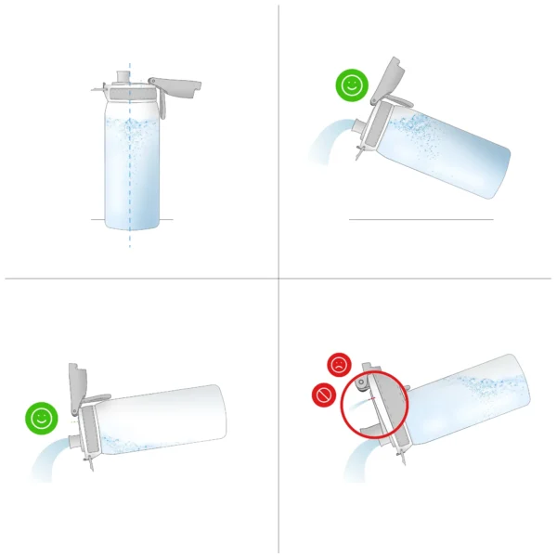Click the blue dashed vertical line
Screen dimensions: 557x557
click(130, 237)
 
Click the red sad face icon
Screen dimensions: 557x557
click(339, 364)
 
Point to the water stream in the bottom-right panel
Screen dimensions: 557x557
click(357, 460)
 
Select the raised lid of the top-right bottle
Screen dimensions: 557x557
click(389, 80)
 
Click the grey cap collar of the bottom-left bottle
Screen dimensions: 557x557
click(90, 432)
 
